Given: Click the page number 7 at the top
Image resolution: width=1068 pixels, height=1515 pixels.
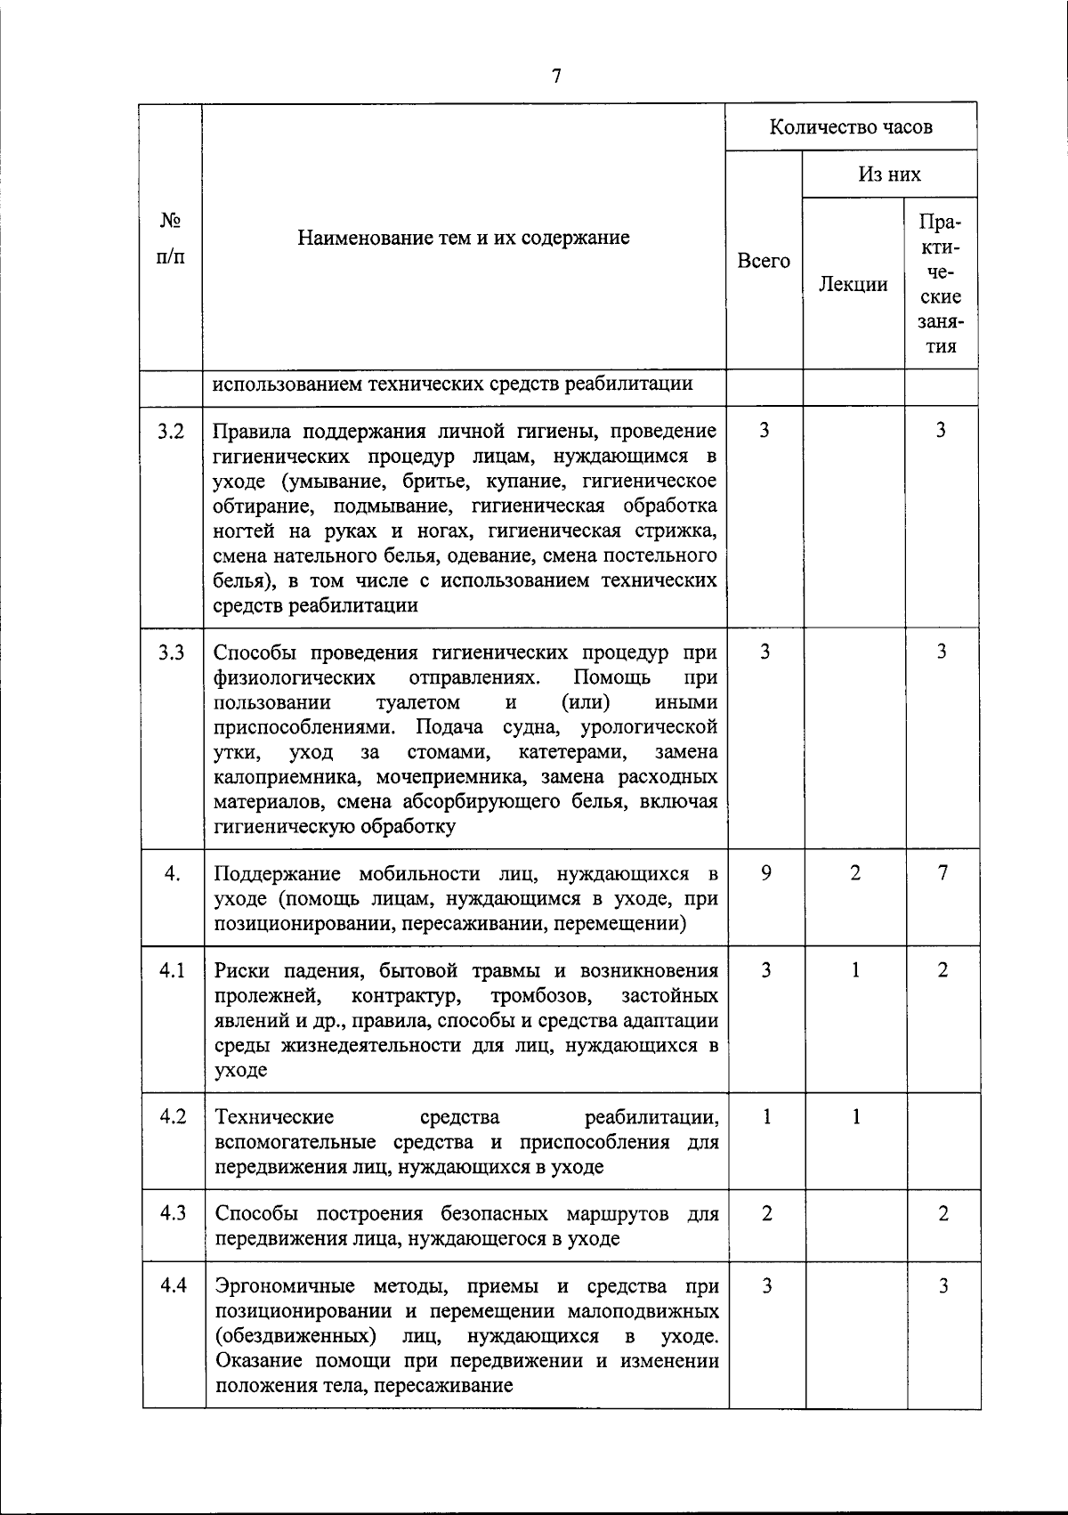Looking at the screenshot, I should click(556, 77).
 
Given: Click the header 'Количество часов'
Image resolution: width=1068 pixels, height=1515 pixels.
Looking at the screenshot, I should click(851, 126).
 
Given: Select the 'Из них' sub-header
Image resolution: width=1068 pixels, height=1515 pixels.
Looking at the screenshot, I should click(889, 174).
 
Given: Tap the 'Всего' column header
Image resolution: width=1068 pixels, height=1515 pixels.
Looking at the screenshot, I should click(764, 261).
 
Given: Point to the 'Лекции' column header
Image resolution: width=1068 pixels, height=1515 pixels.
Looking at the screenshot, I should click(853, 284).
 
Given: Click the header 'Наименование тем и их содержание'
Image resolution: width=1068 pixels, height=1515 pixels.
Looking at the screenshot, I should click(464, 237).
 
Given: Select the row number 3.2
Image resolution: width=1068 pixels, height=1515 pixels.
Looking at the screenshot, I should click(172, 431).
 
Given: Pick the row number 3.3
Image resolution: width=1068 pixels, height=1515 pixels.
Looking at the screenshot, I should click(172, 652).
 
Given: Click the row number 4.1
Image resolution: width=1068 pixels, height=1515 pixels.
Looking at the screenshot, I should click(172, 970).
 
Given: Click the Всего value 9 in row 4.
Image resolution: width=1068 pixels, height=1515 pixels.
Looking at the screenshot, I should click(765, 873).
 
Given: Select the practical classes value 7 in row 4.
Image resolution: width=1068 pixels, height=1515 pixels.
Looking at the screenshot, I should click(943, 873).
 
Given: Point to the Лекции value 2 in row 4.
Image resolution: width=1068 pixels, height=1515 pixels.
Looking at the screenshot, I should click(855, 873).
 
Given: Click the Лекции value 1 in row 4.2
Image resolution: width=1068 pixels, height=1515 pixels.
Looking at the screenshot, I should click(855, 1116).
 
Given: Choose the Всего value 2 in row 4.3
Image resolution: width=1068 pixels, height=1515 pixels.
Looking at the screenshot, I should click(766, 1214).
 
